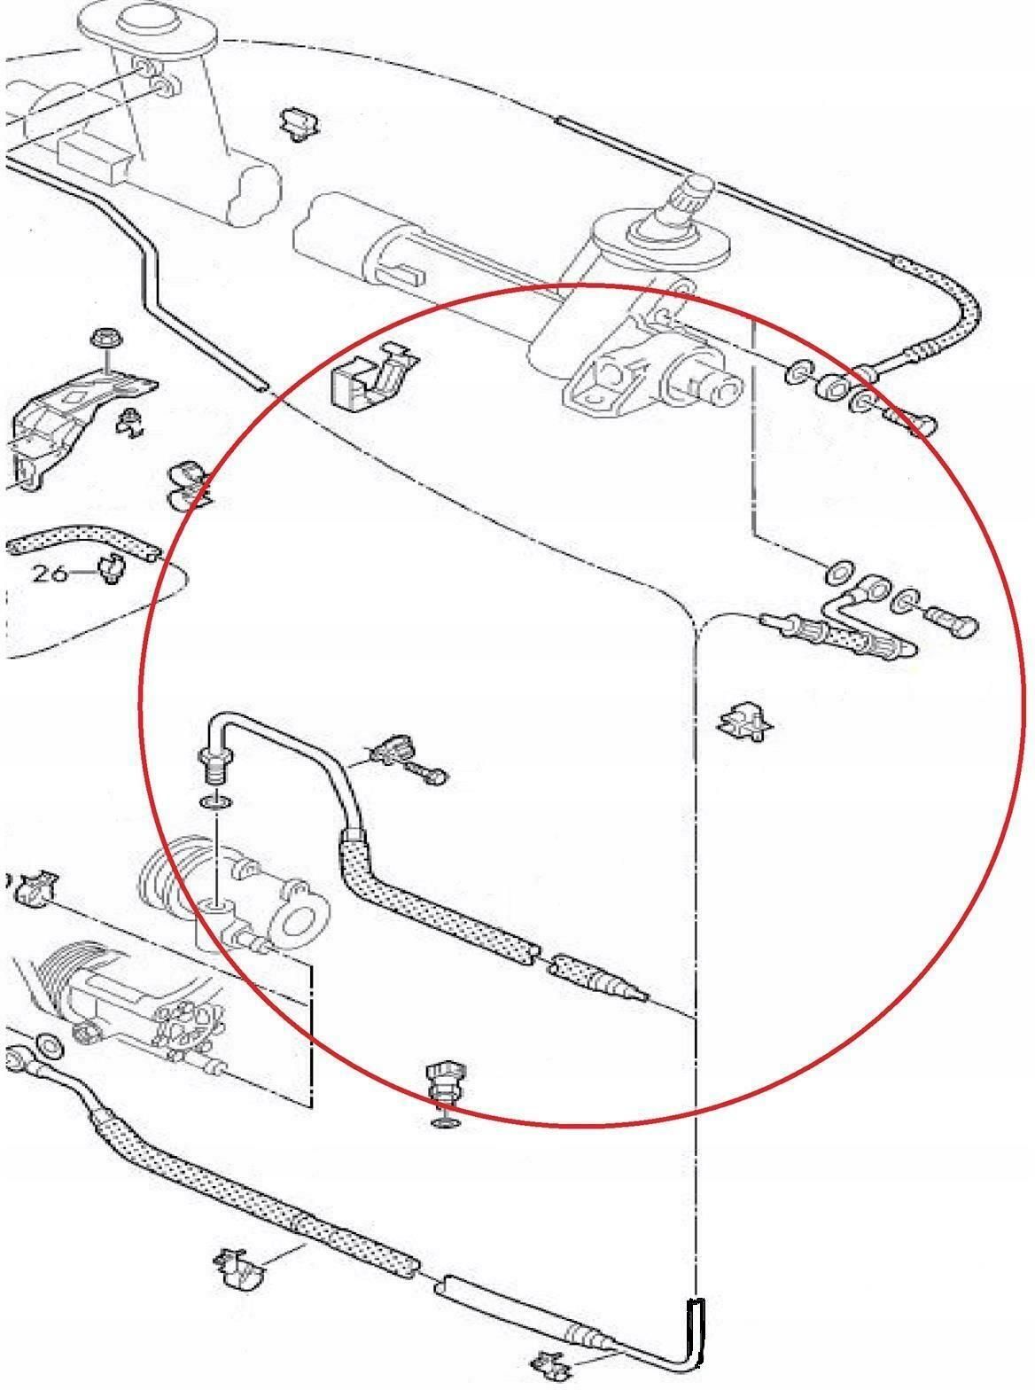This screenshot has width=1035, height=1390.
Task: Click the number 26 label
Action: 50,574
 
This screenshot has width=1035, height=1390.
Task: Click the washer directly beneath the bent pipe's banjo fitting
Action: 214,801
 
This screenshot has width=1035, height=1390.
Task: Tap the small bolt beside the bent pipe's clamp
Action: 431,777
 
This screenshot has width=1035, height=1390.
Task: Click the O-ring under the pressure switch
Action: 446,1122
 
